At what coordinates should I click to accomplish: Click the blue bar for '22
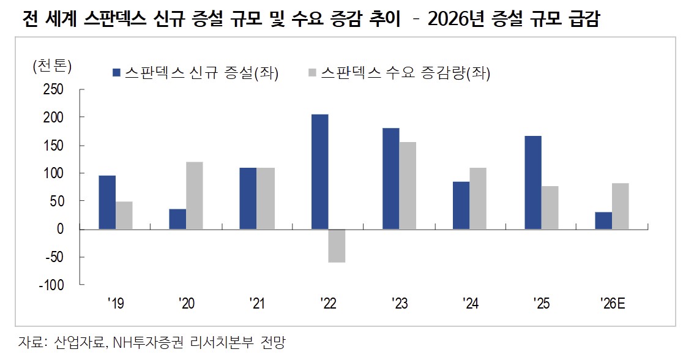click(319, 171)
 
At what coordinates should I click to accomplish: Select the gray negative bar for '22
click(337, 246)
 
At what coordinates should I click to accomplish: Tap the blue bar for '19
click(107, 202)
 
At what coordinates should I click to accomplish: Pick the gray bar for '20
click(195, 195)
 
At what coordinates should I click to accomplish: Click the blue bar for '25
click(532, 182)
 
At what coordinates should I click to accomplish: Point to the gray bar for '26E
click(620, 206)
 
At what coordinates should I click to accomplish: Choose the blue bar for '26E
click(603, 220)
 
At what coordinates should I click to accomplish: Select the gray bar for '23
click(407, 186)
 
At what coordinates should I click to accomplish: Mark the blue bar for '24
click(461, 205)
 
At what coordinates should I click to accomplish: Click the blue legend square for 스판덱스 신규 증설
click(116, 73)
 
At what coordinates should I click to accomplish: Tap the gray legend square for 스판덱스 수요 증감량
click(312, 73)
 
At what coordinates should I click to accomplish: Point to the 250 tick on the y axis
click(53, 89)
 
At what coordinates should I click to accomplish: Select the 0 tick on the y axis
click(60, 229)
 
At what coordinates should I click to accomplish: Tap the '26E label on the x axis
click(611, 302)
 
